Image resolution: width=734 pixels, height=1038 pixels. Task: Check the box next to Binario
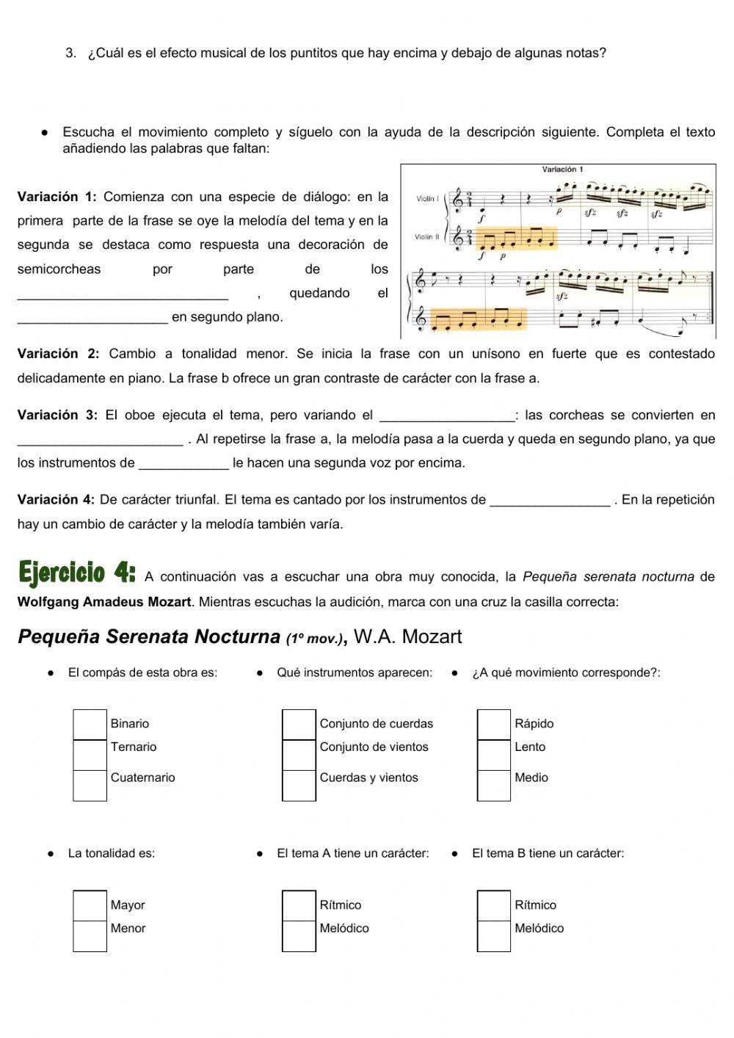(90, 724)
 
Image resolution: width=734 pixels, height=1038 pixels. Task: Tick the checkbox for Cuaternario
(90, 785)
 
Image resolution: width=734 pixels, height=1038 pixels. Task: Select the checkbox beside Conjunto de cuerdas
(299, 724)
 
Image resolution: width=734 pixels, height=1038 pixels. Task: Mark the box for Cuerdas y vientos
(299, 785)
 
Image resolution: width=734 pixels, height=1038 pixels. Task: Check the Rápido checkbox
(493, 724)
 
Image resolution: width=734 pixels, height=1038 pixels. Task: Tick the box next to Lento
(493, 754)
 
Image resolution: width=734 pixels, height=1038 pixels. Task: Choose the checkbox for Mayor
(90, 905)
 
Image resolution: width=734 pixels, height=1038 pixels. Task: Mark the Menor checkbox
(90, 935)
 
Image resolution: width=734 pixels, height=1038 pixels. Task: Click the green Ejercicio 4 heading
(77, 573)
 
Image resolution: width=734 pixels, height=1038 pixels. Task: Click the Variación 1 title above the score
(562, 170)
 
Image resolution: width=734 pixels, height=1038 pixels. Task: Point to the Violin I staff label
(426, 199)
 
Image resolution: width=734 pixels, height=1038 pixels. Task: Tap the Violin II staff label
(426, 237)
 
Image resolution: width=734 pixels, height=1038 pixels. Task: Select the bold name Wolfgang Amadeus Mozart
(103, 602)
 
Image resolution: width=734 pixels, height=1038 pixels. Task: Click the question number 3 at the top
(70, 53)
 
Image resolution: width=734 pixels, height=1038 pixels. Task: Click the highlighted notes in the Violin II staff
(516, 239)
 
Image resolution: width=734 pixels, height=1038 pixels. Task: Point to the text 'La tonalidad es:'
(112, 853)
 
